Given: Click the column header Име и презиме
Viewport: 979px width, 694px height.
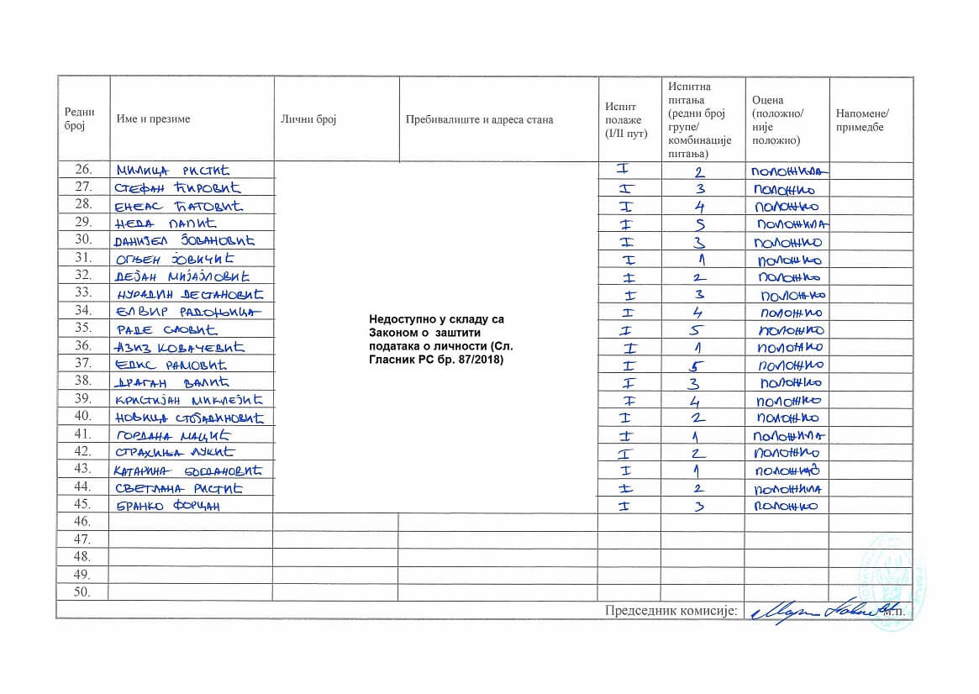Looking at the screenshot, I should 154,119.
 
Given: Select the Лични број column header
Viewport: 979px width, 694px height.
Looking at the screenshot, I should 308,119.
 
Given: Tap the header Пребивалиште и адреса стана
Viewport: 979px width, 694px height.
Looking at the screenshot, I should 479,119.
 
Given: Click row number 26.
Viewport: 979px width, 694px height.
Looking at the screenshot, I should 82,171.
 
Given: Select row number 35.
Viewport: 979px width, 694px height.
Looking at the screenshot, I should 82,328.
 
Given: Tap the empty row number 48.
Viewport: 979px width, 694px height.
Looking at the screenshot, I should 82,557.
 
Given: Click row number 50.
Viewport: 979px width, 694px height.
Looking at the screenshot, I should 82,592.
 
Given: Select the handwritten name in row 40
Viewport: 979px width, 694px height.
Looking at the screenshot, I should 189,418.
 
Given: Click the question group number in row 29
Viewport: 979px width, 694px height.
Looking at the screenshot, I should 700,224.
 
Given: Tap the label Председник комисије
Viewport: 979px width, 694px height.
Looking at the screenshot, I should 671,611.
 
